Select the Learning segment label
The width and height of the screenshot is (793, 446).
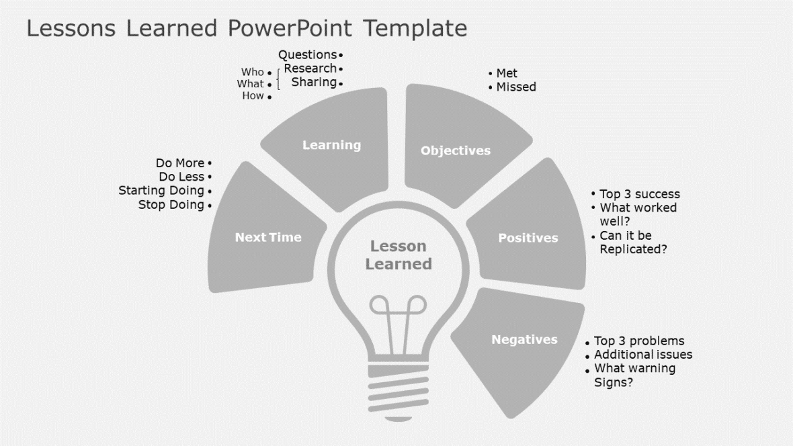(331, 145)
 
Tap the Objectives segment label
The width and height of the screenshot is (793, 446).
(456, 150)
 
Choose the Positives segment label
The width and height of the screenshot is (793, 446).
(528, 238)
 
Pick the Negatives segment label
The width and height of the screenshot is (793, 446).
(524, 339)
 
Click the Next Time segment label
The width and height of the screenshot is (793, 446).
(268, 237)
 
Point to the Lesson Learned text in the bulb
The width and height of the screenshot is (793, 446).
(399, 255)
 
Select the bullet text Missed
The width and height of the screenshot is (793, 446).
(516, 87)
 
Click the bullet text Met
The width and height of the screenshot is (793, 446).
(507, 73)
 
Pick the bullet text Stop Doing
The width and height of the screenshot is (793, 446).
(171, 205)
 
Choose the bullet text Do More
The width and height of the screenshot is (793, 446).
(179, 163)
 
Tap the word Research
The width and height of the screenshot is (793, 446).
(310, 69)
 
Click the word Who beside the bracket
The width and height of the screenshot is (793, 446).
(253, 72)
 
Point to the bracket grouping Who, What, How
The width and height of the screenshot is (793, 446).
(278, 84)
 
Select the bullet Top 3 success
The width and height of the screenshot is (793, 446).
(639, 194)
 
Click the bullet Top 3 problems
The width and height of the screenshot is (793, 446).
(639, 341)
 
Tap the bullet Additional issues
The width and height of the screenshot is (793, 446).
(643, 354)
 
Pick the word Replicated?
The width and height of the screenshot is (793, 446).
(633, 249)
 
